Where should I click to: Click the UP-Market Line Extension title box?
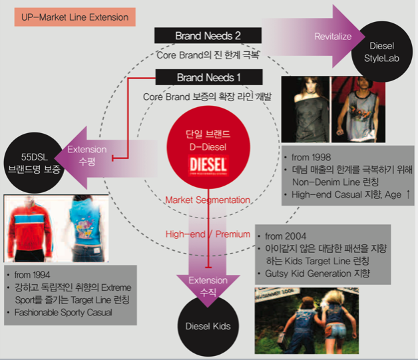(x=75, y=17)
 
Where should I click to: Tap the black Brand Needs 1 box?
(x=208, y=77)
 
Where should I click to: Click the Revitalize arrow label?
(x=332, y=36)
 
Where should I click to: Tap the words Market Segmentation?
(x=208, y=200)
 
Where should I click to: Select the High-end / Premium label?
(x=208, y=234)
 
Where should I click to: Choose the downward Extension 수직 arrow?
(x=208, y=283)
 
